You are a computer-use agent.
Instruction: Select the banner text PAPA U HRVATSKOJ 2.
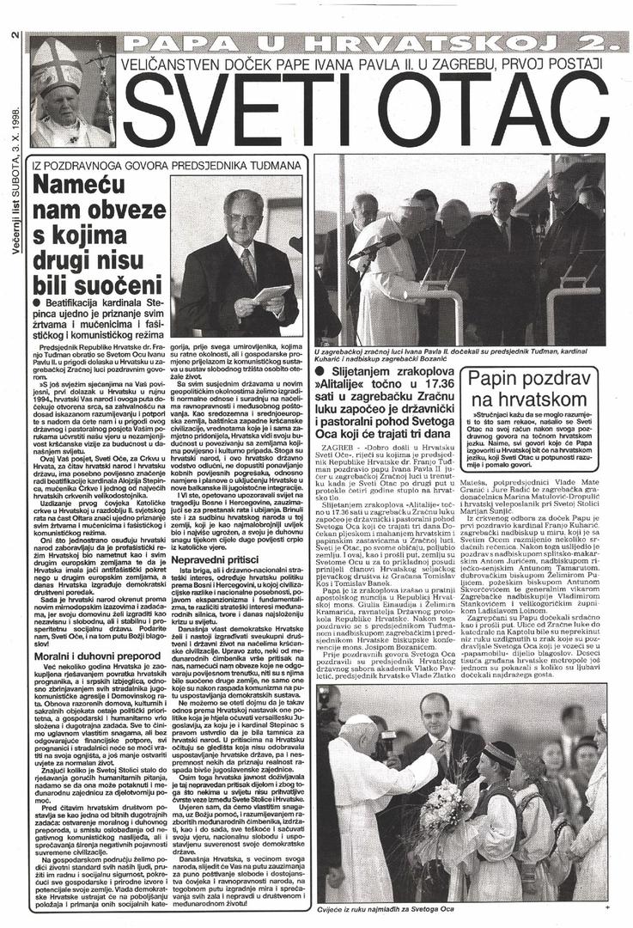pyautogui.click(x=369, y=43)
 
